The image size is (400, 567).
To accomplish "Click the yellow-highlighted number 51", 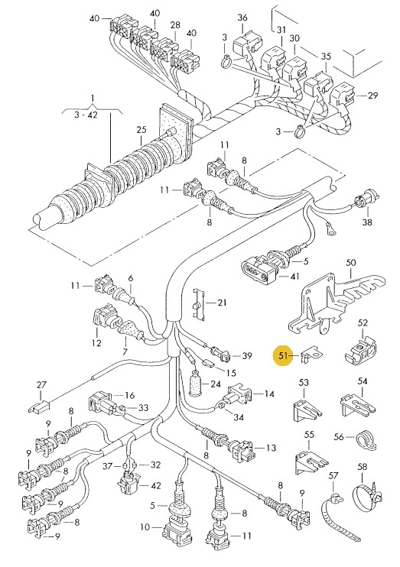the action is tap(283, 356).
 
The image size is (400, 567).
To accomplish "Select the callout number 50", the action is tap(351, 263).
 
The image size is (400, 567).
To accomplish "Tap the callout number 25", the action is tap(141, 130).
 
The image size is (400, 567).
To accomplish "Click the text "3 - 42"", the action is tap(86, 115).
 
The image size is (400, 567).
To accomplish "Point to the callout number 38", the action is tap(367, 222).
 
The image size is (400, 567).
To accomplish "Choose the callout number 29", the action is tap(372, 96).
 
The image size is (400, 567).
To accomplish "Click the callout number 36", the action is tap(242, 18).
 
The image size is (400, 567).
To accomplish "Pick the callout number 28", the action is tap(175, 25).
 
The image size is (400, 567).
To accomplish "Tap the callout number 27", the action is tap(41, 385).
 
